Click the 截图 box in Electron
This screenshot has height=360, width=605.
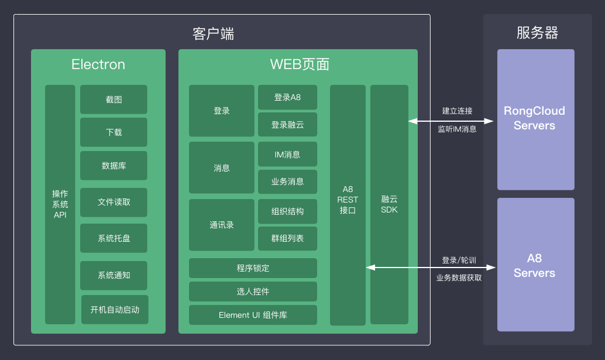point(114,100)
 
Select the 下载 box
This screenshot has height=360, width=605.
point(114,132)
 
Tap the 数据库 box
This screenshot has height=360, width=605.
point(114,166)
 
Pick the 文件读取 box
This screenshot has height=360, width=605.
point(114,202)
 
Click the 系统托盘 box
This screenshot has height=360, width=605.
point(114,238)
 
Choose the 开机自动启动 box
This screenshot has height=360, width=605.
point(115,310)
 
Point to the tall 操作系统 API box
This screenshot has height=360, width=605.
point(60,204)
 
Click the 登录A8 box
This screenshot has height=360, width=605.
point(287,97)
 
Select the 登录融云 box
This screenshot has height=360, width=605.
point(287,125)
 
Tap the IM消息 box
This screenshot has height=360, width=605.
point(287,155)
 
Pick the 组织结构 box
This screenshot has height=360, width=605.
point(287,211)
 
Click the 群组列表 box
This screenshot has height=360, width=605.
point(287,239)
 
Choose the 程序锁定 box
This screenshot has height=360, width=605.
point(253,268)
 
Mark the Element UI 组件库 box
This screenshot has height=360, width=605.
point(253,315)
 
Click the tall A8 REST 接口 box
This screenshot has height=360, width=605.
point(348,205)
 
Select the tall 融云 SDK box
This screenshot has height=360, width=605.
point(389,204)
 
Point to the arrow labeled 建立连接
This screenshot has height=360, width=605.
point(452,121)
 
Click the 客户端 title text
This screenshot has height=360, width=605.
point(213,33)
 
